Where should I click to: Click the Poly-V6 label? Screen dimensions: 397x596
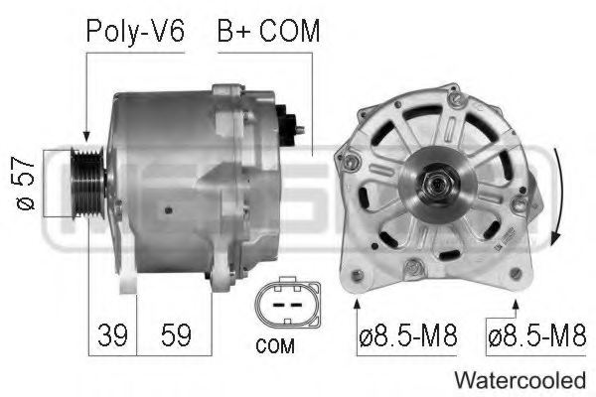(135, 31)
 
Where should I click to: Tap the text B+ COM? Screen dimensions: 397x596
(268, 31)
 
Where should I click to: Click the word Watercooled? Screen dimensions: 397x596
(520, 379)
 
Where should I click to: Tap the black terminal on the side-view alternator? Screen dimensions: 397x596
(289, 122)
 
